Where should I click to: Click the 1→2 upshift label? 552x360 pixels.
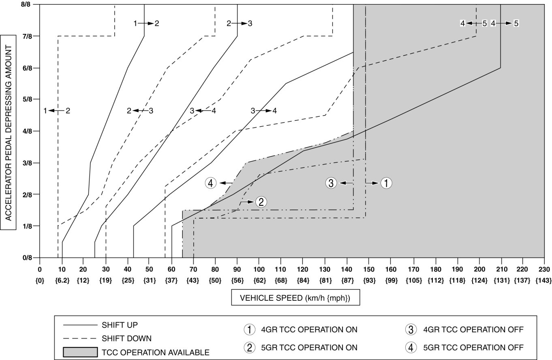146,24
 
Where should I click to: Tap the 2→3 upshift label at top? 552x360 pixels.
240,24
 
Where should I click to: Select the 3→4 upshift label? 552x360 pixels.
264,110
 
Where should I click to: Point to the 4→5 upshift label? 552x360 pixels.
505,24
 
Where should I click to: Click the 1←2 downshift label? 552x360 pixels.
57,110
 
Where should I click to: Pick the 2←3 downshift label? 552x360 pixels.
140,110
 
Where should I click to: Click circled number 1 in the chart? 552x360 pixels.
386,183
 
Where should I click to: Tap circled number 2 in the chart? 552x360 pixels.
261,201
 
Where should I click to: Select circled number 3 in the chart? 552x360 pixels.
331,183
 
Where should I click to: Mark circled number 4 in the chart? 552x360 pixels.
210,183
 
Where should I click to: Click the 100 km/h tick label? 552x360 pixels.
259,269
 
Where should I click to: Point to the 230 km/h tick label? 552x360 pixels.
543,269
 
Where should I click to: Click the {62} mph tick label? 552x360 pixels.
259,280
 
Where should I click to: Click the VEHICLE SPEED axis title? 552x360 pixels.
295,298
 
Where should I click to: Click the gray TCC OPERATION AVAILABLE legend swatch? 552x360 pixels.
80,352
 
